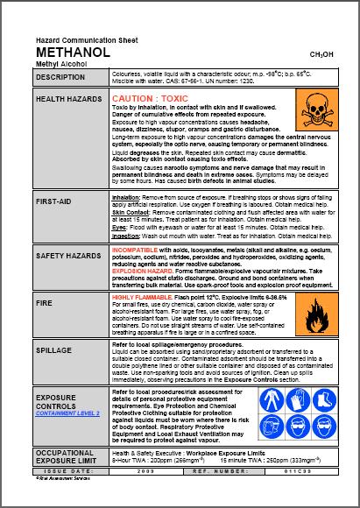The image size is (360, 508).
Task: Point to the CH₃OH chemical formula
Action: pyautogui.click(x=323, y=54)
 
